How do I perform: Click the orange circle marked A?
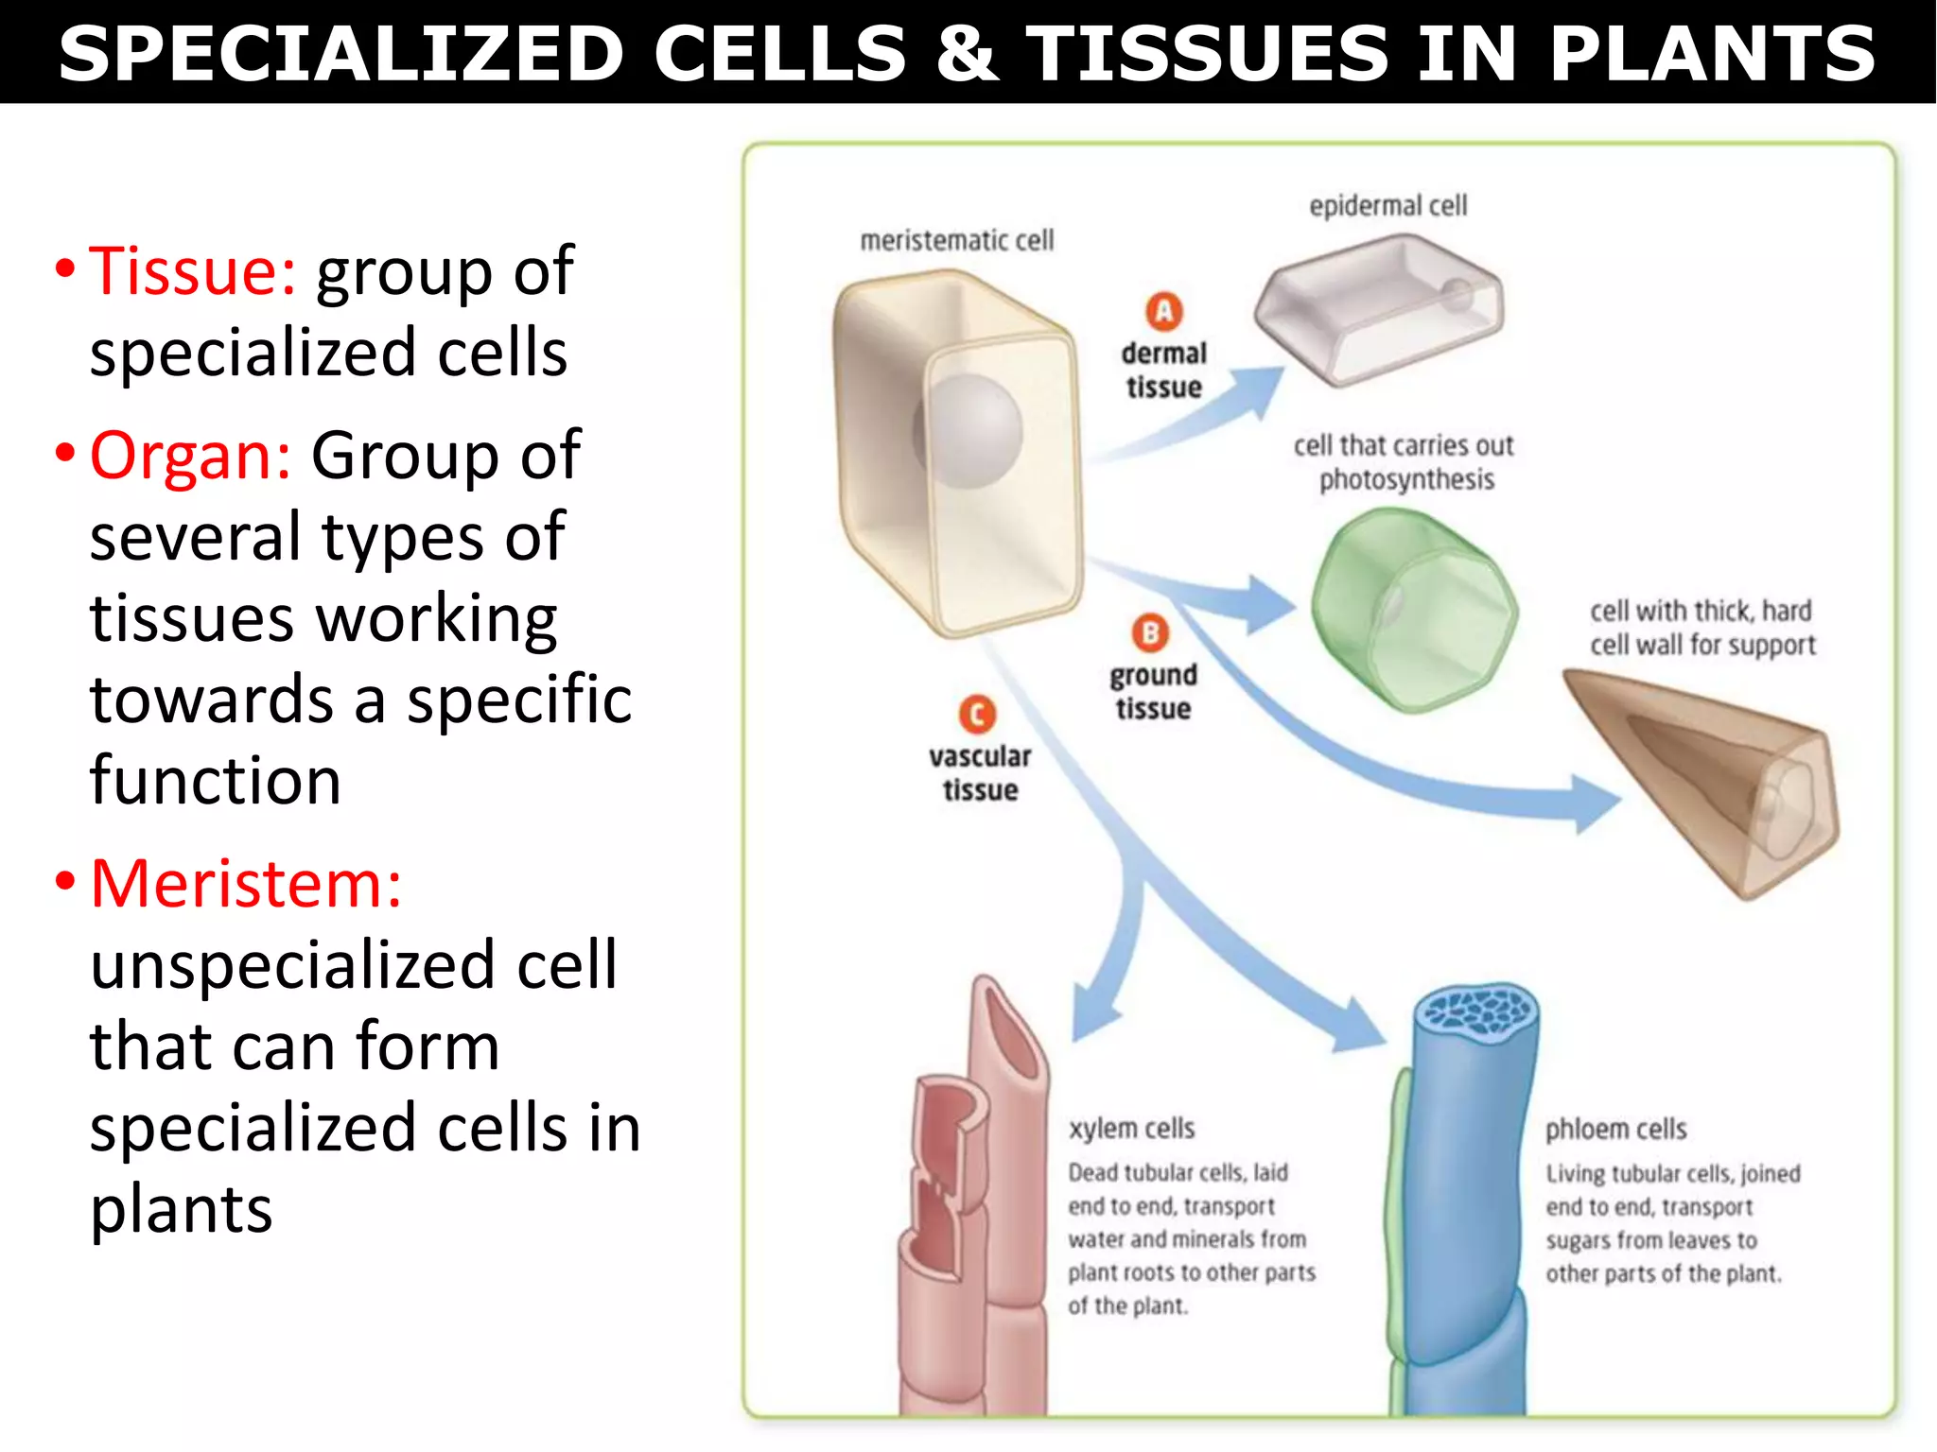point(1164,311)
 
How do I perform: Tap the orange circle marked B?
point(1150,632)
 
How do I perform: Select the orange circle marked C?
point(977,715)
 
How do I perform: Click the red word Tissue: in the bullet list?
point(192,271)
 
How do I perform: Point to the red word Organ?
point(190,456)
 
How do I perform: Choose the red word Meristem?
point(246,884)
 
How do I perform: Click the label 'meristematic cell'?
point(956,241)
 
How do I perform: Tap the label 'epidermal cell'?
point(1387,205)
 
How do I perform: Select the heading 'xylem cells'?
point(1131,1129)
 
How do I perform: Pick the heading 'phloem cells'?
point(1615,1130)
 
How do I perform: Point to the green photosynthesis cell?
point(1413,610)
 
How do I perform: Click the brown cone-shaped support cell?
point(1712,775)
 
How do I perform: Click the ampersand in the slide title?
point(967,53)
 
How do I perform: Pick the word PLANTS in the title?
point(1712,53)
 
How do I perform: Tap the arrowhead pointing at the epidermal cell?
point(1263,389)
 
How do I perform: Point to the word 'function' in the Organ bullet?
point(216,781)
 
